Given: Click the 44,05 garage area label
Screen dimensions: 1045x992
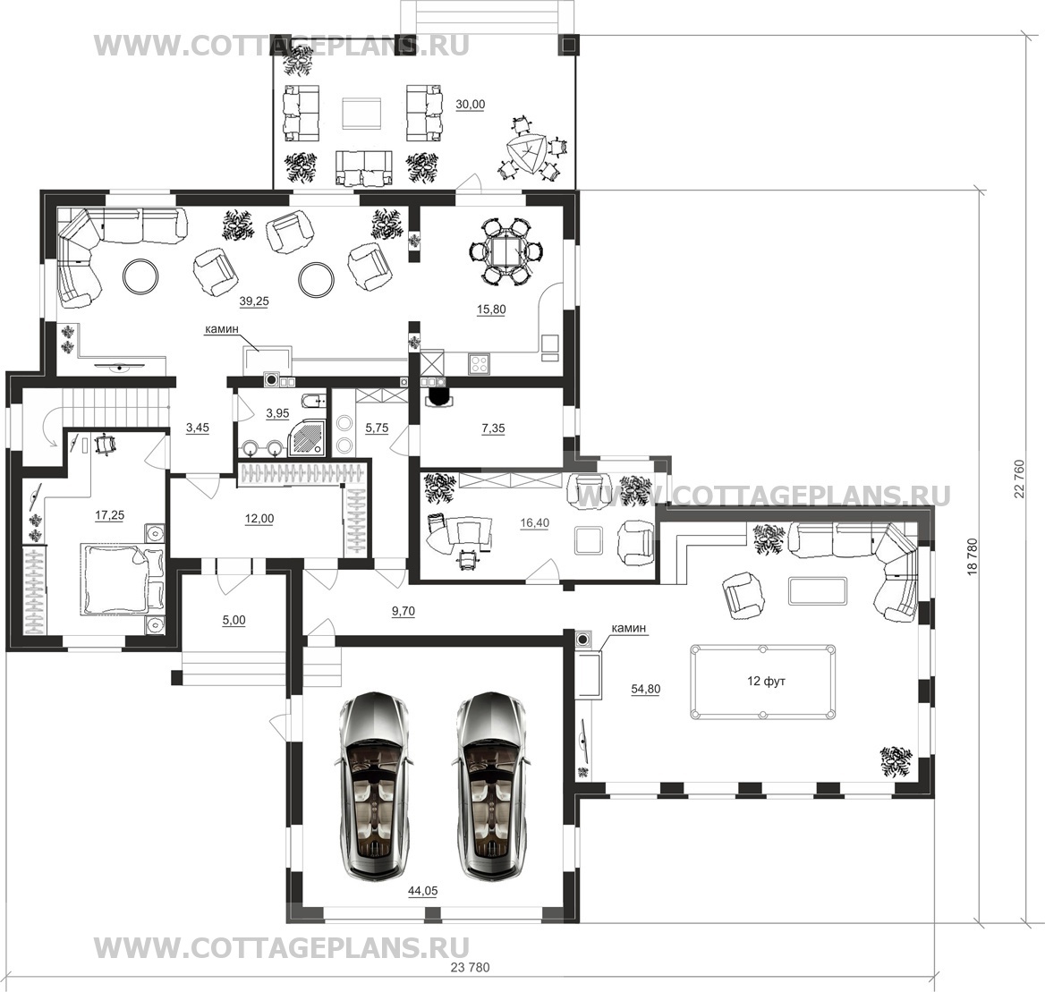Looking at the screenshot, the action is coord(422,892).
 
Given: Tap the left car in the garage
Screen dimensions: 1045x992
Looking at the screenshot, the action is coord(372,785).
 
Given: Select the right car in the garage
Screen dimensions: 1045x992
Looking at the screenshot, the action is coord(491,785).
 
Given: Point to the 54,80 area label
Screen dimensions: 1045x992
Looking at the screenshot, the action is coord(645,690).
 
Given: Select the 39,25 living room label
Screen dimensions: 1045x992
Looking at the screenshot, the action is coord(254,301).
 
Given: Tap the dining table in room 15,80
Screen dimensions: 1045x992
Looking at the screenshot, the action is coord(506,252).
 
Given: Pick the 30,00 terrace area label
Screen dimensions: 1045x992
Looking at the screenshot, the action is coord(471,105).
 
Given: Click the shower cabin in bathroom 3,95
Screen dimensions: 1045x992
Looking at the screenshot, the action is coord(307,437).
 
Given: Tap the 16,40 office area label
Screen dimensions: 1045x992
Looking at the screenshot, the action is coord(534,523).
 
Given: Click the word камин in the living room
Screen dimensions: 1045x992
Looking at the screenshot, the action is coord(221,328).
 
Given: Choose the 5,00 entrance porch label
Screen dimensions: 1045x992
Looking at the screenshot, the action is coord(234,621).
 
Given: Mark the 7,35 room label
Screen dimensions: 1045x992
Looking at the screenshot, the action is coord(493,429).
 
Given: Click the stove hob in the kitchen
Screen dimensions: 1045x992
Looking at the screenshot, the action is coord(480,363).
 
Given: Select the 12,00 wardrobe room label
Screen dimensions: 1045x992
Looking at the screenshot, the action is coord(259,519).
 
